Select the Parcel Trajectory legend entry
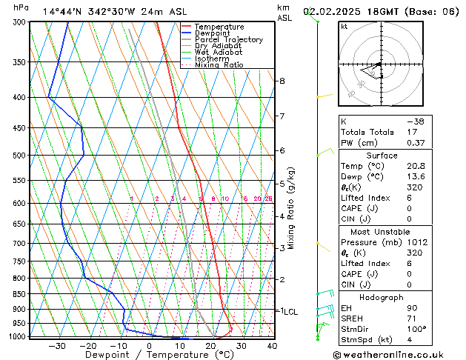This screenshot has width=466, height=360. [x=228, y=40]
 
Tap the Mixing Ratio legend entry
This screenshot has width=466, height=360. [x=219, y=65]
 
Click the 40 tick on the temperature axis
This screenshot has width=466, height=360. [x=272, y=345]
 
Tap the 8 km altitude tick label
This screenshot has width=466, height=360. [x=282, y=81]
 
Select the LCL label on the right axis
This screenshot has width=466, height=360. [x=290, y=312]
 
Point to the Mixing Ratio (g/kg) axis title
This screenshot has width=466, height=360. [x=291, y=208]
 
